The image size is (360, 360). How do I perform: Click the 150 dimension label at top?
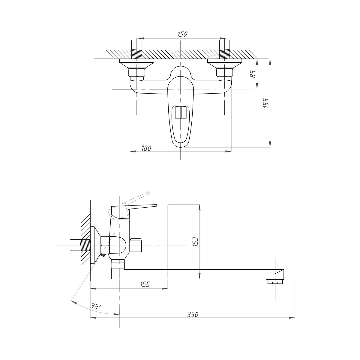(x=182, y=34)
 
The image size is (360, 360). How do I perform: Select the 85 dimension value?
(x=253, y=74)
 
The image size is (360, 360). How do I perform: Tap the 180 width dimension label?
(x=146, y=148)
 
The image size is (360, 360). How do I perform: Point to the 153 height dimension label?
(x=195, y=242)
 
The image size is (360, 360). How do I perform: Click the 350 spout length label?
(x=192, y=315)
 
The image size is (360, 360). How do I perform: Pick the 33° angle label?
(x=96, y=306)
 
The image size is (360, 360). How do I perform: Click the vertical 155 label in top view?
(x=266, y=103)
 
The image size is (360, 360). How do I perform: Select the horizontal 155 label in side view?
(x=145, y=284)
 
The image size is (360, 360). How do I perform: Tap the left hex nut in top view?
(x=137, y=73)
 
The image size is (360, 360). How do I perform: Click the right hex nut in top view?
(x=225, y=73)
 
